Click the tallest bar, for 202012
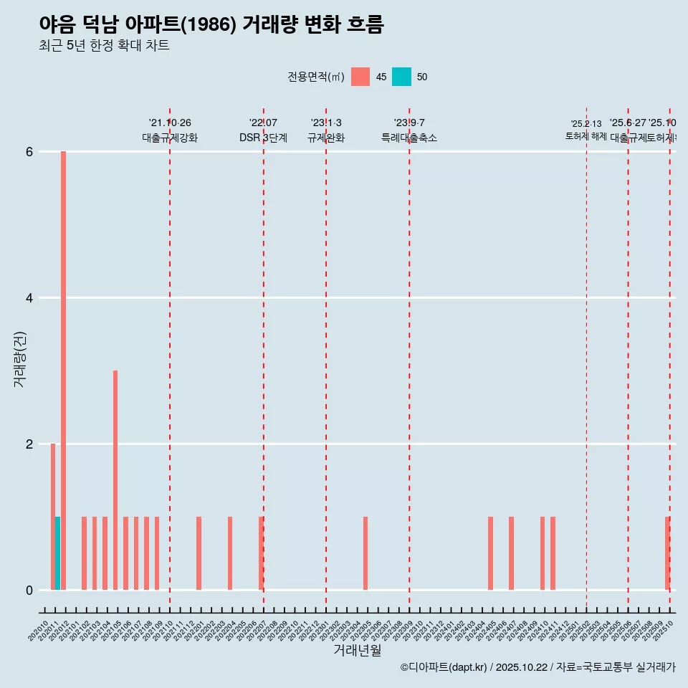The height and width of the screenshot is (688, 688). tap(63, 371)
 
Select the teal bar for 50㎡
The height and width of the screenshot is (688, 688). tap(57, 553)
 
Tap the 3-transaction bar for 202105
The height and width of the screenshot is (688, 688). tap(115, 480)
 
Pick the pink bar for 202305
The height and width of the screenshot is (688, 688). tap(365, 553)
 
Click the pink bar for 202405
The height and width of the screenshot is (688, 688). tap(490, 553)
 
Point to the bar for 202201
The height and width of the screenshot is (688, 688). tap(199, 553)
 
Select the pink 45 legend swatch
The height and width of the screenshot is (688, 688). tap(360, 77)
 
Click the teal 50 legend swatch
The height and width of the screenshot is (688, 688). tap(402, 77)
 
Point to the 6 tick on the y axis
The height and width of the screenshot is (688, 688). tap(29, 152)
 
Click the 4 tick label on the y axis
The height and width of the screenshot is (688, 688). tap(29, 298)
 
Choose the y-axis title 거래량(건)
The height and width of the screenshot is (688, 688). tap(20, 359)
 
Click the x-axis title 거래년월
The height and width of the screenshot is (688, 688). tap(357, 650)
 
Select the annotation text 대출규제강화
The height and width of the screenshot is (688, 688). tap(170, 138)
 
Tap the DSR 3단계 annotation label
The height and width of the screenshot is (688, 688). tap(264, 138)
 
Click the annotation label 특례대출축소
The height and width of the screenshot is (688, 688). tap(409, 138)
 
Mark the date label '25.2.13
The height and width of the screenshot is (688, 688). tap(586, 124)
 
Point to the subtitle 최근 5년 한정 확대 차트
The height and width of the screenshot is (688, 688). tap(105, 46)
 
